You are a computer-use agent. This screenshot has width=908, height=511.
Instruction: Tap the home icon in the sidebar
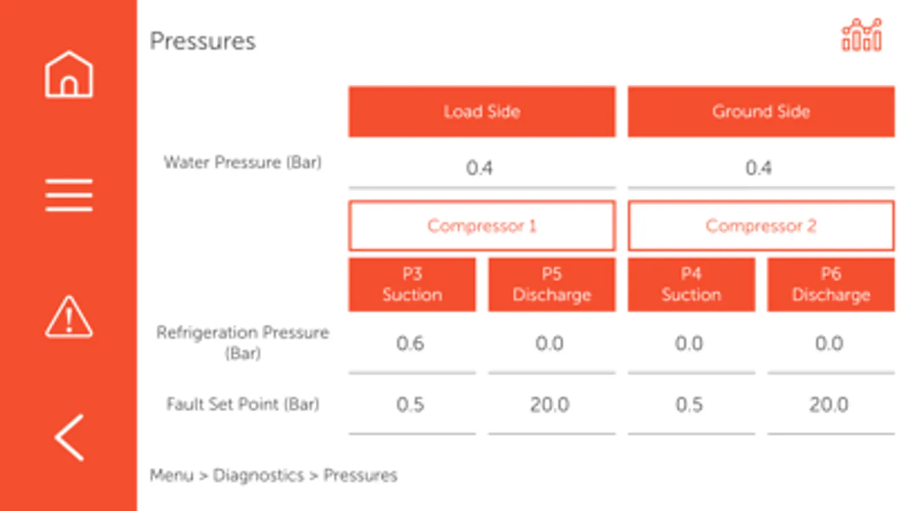coord(69,74)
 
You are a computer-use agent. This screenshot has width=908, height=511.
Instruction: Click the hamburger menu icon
coord(69,195)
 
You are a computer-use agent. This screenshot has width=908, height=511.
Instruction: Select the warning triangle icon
coord(69,317)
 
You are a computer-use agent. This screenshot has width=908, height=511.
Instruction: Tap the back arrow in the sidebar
coord(69,437)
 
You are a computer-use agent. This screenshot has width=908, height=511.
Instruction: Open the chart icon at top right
coord(861,35)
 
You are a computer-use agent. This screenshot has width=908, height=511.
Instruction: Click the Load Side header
coord(482,112)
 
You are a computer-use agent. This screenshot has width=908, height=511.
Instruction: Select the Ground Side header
coord(761,112)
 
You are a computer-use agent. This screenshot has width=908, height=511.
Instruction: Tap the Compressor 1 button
coord(482,226)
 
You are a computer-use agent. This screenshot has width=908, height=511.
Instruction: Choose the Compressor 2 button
coord(761,226)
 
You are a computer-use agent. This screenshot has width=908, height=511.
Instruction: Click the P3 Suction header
coord(412,284)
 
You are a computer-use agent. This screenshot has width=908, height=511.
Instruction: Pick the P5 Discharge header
coord(551,284)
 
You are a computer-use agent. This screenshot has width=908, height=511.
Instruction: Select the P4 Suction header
coord(691,284)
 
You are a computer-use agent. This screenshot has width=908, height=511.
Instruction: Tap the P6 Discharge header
coord(831,284)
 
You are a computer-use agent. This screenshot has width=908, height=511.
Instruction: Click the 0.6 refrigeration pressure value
coord(410,344)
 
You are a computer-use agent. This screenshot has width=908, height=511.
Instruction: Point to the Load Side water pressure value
coord(479,168)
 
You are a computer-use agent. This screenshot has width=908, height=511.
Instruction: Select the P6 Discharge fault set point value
coord(829,405)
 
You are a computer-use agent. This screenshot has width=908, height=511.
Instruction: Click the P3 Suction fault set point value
coord(410,405)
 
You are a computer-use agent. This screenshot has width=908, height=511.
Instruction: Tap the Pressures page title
coord(203,41)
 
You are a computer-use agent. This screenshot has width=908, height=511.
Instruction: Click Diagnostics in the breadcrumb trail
coord(258,475)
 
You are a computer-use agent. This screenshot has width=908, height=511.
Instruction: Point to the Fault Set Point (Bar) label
coord(242,404)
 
